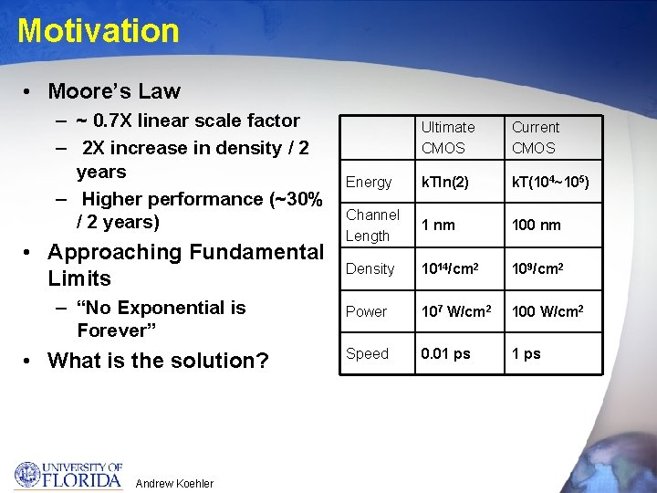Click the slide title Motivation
tap(99, 31)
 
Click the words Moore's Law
tap(114, 91)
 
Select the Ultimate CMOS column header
tap(448, 138)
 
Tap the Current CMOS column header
tap(536, 138)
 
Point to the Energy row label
tap(369, 183)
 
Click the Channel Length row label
tap(372, 226)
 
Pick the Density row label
tap(370, 268)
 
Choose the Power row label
tap(367, 311)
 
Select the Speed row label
tap(368, 354)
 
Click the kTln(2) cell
tap(445, 183)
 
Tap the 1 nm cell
tap(438, 226)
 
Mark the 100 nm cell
tap(537, 226)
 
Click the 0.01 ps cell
tap(446, 354)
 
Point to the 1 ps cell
tap(527, 354)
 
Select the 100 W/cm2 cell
tap(547, 311)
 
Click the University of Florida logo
tap(68, 475)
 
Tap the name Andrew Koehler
tap(174, 483)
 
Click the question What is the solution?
tap(158, 361)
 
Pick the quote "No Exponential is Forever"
tap(161, 319)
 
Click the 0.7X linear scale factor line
tap(187, 121)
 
